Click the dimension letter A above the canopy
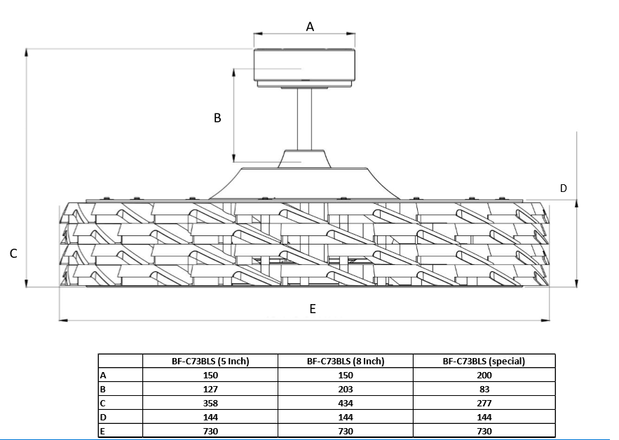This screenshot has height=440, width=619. coord(310,27)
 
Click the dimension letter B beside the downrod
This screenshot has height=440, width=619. coord(217,118)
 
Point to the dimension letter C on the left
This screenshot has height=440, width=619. coord(13,254)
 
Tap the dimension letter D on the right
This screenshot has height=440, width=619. coord(563,188)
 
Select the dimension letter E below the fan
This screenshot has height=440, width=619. coord(313,309)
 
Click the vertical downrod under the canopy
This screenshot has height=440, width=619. coord(304,119)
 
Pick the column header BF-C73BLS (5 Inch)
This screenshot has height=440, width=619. coord(210,362)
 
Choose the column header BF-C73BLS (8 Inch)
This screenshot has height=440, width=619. coord(346,362)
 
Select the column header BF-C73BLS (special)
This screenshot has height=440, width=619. coord(484,362)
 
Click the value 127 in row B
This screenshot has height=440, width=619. coord(210,389)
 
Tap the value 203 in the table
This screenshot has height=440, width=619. coord(346,389)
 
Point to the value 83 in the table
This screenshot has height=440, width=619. coord(484,389)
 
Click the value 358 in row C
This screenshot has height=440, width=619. coord(210,403)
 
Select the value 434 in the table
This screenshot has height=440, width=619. coord(346,403)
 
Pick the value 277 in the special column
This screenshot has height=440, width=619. coord(484,403)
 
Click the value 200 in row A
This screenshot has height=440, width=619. coord(484,376)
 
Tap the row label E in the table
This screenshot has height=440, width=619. coord(103,431)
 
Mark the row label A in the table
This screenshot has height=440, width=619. coord(103,376)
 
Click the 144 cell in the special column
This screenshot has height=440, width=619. coord(484,417)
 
